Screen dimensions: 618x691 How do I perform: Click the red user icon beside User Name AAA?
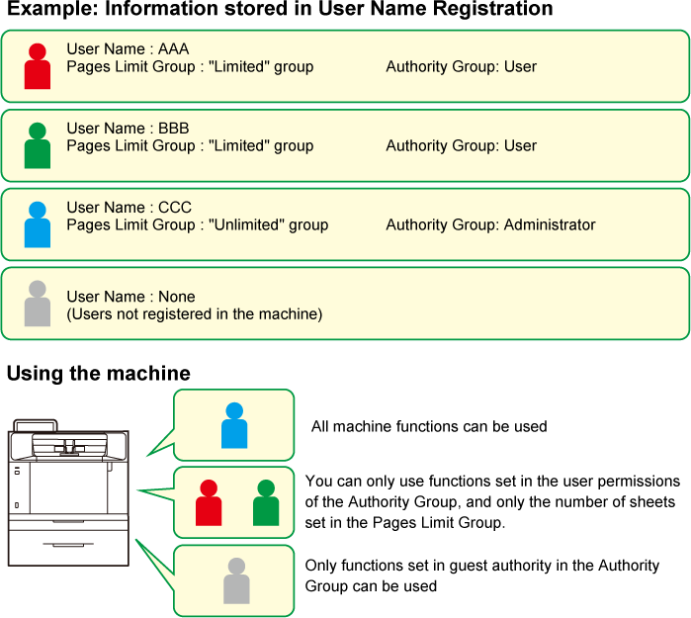38,67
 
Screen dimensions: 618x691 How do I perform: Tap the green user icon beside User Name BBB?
38,146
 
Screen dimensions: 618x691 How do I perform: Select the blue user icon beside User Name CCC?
38,225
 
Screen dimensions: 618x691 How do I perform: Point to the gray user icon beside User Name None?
38,305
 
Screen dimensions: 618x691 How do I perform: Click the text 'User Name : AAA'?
128,49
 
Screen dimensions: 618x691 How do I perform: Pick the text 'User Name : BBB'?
128,129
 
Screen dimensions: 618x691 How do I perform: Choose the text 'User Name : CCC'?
128,208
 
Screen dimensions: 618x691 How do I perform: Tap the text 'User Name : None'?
130,297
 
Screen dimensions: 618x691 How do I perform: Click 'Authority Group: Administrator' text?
490,225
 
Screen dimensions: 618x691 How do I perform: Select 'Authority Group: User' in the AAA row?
461,67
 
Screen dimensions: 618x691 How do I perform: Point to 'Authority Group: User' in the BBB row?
461,146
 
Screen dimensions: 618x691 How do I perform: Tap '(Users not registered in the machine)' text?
194,314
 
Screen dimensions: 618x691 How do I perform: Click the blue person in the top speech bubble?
234,426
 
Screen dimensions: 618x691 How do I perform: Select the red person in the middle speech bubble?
209,503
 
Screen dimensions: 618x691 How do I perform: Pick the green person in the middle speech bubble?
266,503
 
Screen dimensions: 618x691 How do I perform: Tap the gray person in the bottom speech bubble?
236,581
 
